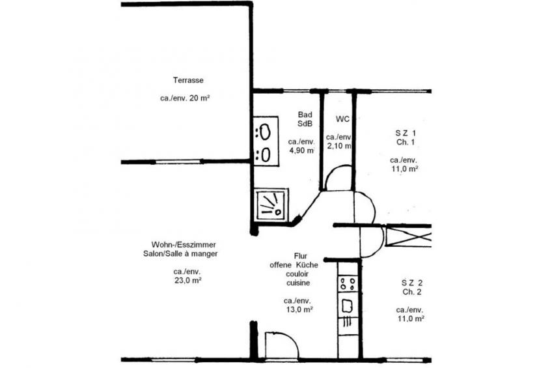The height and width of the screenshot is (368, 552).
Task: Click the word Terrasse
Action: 188,80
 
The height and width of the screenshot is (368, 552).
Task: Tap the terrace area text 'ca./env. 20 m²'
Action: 185,98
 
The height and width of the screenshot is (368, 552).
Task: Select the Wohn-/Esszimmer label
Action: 184,244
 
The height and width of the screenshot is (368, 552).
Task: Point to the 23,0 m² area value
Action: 187,281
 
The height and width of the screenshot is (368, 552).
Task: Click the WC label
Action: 342,119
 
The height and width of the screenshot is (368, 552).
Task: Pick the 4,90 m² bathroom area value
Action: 301,150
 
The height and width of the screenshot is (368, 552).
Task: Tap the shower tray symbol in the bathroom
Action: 271,204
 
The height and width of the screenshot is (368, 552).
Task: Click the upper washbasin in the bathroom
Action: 265,132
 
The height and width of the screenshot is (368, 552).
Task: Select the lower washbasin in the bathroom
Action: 266,154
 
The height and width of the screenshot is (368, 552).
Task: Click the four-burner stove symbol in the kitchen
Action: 348,284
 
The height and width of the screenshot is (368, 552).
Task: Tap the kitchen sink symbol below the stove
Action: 348,306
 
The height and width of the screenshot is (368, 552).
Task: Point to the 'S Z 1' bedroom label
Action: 406,133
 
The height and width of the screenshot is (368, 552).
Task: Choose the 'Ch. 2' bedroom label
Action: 412,292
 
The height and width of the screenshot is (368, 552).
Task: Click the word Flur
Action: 300,256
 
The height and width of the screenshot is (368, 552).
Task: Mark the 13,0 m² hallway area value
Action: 299,309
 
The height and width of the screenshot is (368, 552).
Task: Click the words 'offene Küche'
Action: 294,265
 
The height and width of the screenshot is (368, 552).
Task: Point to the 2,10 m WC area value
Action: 339,146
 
